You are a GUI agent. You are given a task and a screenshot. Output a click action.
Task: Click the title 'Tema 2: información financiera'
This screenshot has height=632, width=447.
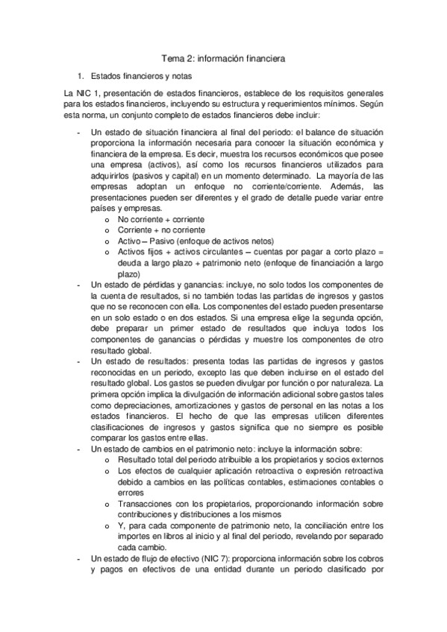[224, 58]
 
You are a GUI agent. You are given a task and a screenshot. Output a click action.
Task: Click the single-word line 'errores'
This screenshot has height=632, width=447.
[131, 493]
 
